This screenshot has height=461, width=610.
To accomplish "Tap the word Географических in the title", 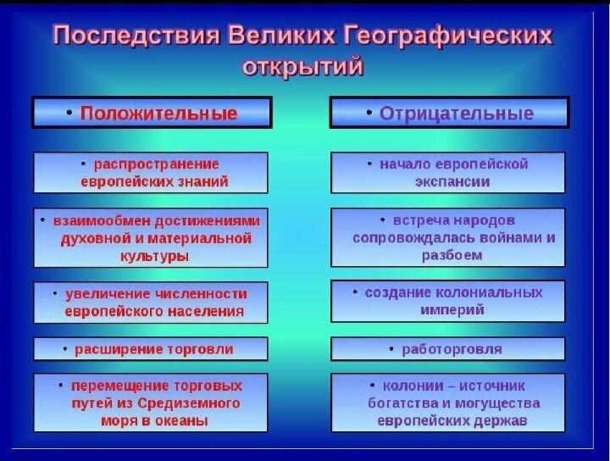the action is pos(448,36).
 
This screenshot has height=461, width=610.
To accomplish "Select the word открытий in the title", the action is pos(302,67).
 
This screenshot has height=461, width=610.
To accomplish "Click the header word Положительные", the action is pos(158,114).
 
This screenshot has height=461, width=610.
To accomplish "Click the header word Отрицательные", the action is pos(457,114).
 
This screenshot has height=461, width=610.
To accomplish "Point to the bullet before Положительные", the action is pos(69,113).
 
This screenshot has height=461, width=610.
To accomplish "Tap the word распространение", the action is pos(157,164).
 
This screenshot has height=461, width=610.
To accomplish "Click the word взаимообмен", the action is pos(103,220).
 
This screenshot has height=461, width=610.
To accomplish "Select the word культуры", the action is pos(155,257).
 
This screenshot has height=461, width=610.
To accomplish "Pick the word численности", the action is pos(202,294).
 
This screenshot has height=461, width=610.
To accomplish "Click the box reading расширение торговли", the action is pos(151,349).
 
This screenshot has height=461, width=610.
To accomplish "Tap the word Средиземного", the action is pos(189,403).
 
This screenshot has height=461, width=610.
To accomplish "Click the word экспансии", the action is pos(452,181).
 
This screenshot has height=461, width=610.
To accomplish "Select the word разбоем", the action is pos(452,256).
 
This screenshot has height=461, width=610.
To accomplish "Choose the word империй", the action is pos(452,310).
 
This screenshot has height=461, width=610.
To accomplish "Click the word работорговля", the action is pos(452,350).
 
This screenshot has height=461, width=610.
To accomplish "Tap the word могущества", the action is pos(497,403).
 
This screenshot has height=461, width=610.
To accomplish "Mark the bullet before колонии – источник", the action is pos(372,385).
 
